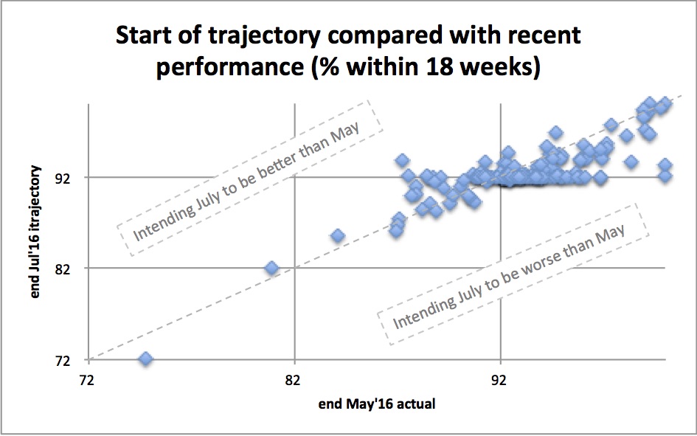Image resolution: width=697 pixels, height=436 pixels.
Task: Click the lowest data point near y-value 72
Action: point(146,359)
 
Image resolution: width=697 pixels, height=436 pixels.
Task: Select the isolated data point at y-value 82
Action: point(271,268)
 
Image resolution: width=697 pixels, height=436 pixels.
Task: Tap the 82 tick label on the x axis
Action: point(294,381)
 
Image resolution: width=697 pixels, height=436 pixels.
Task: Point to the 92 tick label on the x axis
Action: point(499,381)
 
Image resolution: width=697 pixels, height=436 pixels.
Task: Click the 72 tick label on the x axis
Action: point(87,381)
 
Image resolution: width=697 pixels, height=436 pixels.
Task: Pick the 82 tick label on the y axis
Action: point(62,269)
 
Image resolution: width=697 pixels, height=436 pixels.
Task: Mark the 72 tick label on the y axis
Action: point(62,361)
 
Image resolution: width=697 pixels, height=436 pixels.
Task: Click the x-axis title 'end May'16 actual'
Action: point(377,404)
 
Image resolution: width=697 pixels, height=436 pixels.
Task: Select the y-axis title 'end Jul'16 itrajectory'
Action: point(35,232)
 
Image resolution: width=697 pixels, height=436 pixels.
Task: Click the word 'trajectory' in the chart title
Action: point(265,35)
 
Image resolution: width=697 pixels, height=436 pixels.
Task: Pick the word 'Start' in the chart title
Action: point(143,35)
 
